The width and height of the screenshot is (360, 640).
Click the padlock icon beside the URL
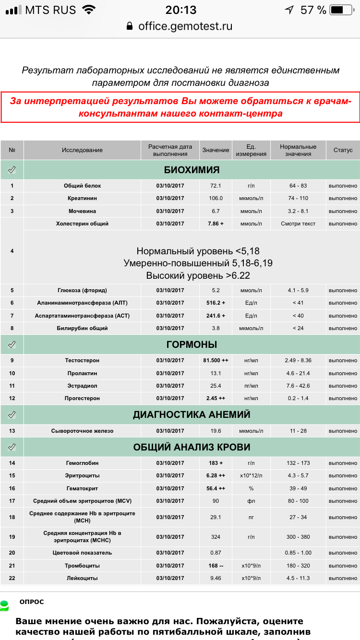[x=129, y=26]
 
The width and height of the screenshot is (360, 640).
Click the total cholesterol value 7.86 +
[x=216, y=224]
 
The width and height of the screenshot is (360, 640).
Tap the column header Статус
[x=343, y=150]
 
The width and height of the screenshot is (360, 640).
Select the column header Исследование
[x=82, y=150]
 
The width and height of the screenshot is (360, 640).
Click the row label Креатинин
[x=82, y=198]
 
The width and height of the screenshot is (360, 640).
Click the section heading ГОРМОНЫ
[x=192, y=344]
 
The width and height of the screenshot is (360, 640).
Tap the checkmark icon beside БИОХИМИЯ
[x=12, y=169]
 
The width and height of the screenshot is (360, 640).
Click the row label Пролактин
[x=82, y=373]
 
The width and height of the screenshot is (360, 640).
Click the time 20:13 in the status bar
[x=181, y=10]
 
